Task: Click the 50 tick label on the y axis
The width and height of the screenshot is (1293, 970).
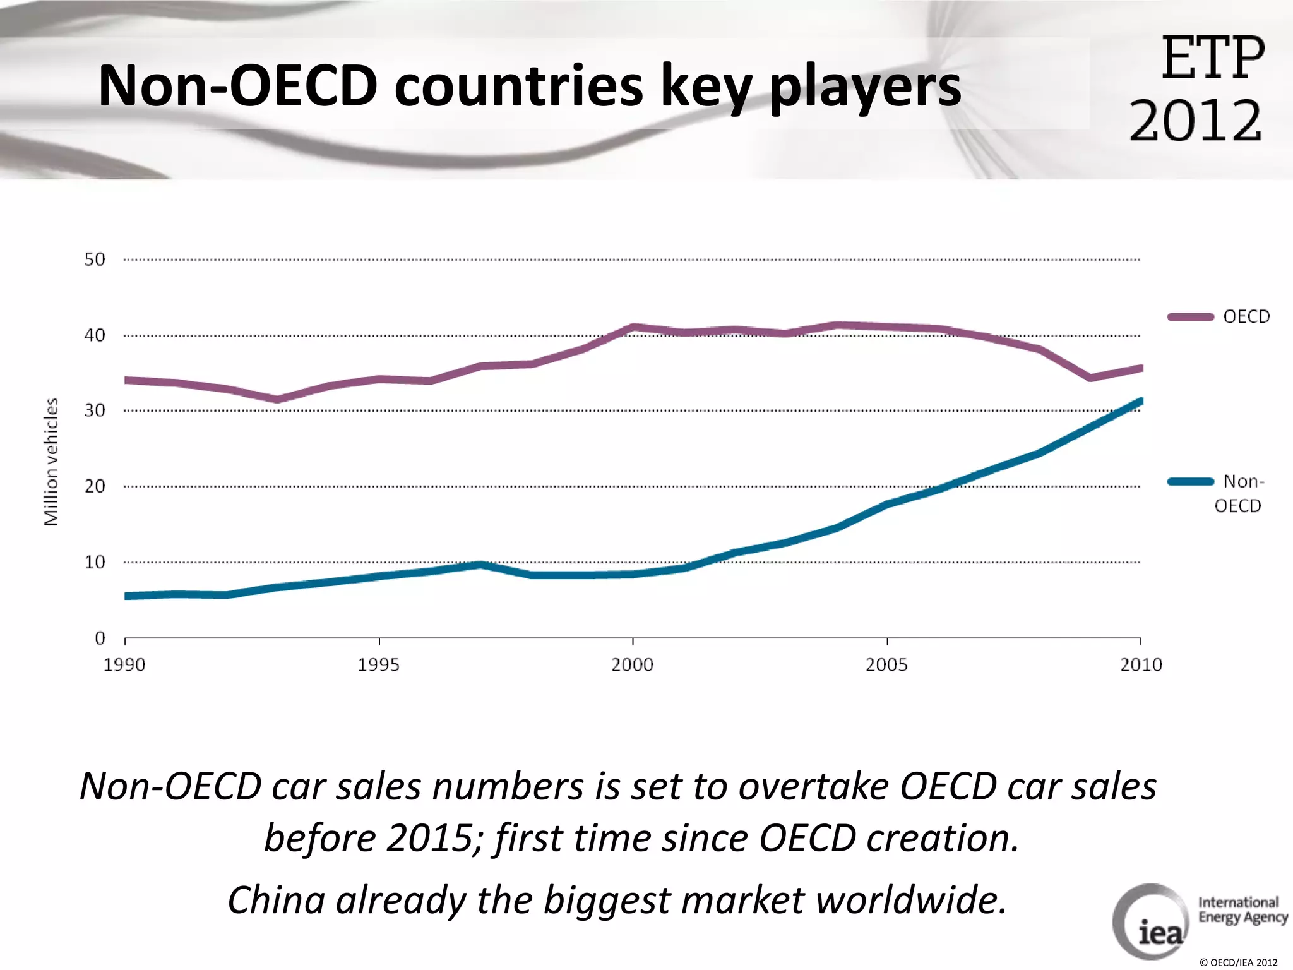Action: point(95,260)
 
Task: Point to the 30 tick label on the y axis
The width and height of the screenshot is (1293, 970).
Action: point(95,410)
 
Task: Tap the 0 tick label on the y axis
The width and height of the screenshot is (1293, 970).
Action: point(100,638)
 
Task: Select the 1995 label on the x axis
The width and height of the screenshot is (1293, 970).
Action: point(379,665)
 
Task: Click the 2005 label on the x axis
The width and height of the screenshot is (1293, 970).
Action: point(886,665)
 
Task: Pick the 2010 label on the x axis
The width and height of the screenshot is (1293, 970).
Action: point(1141,665)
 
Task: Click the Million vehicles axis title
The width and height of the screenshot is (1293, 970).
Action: point(51,462)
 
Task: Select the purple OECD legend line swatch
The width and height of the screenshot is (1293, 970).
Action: point(1190,317)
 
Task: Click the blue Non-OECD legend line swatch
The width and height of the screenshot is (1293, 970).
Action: point(1190,482)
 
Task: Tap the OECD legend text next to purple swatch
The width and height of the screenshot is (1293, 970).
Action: point(1246,316)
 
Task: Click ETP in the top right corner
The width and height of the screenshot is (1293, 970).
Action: point(1213,58)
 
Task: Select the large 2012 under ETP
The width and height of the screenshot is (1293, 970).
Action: point(1195,121)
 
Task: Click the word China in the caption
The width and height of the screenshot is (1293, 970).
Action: point(276,899)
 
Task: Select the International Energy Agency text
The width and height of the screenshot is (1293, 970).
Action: point(1242,910)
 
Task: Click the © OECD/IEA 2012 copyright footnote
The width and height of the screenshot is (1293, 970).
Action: point(1238,962)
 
